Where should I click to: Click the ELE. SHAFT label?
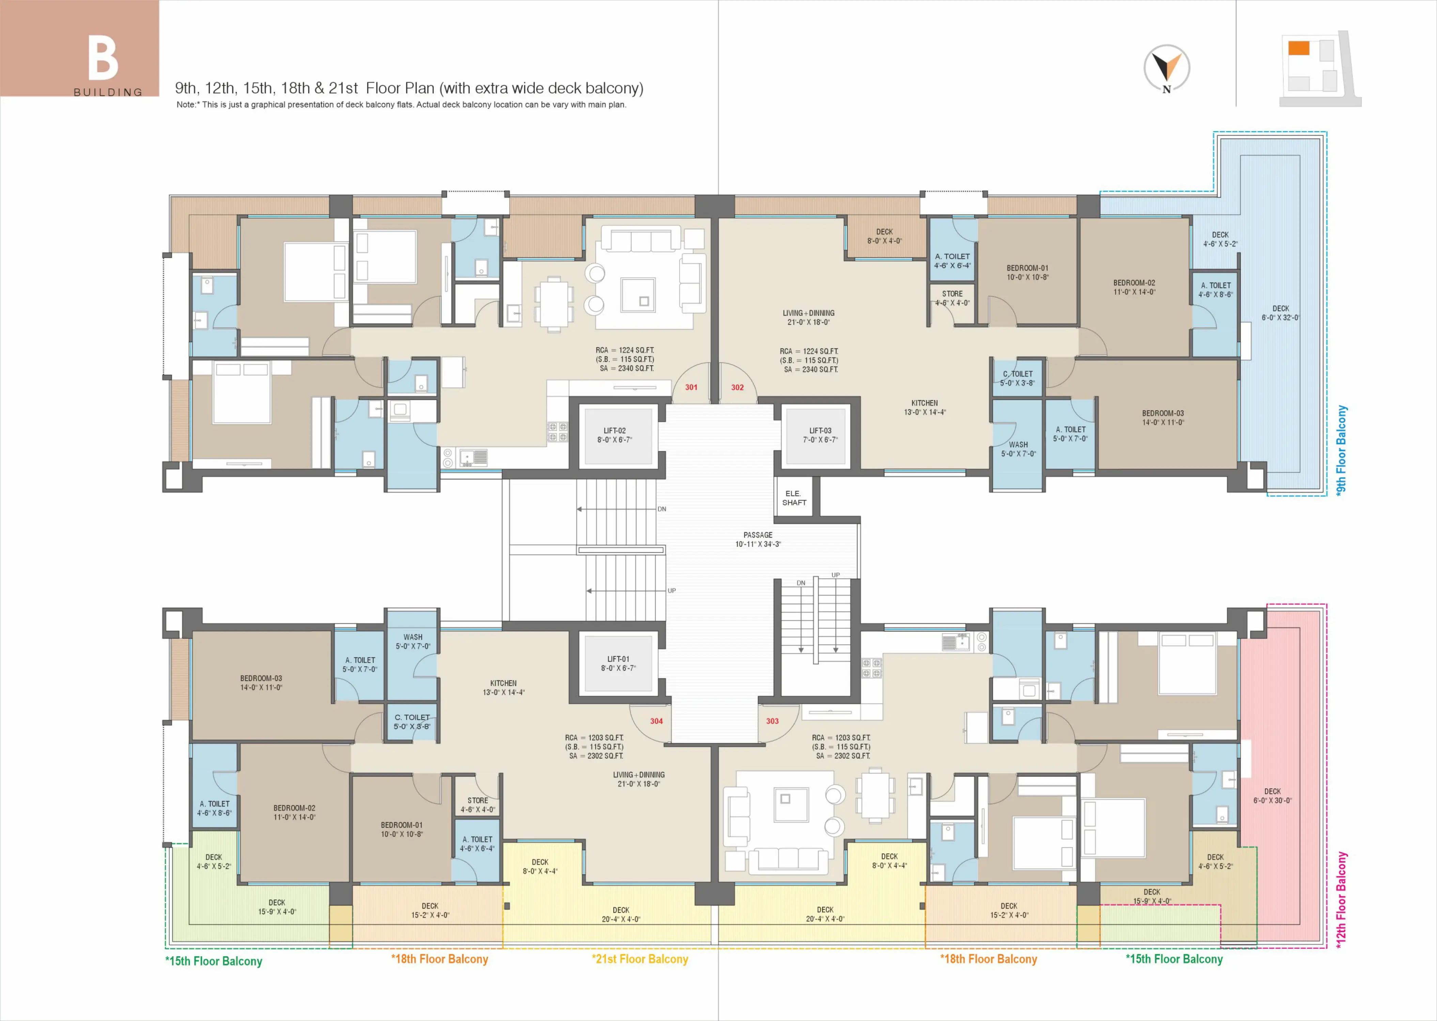coord(794,498)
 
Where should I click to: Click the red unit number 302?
coord(737,387)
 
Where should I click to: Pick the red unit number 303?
coord(772,721)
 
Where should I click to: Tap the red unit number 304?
coord(656,721)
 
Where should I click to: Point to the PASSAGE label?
coord(758,535)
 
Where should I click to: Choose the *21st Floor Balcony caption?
coord(640,959)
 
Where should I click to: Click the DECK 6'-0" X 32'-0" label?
coord(1281,313)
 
